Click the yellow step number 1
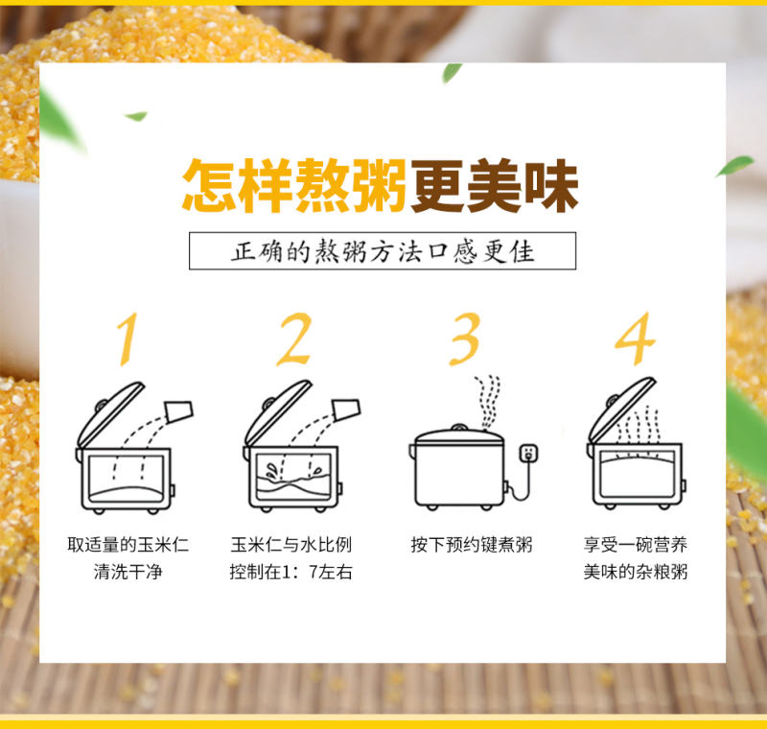128,339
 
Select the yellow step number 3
465,339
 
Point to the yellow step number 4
635,339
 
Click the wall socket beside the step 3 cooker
528,453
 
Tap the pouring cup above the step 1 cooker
179,411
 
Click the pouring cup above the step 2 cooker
346,410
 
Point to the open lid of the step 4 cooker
621,409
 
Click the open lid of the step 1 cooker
110,413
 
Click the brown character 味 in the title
551,186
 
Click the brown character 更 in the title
438,186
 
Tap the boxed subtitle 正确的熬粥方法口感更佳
383,251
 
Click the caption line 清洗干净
128,572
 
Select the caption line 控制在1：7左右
291,572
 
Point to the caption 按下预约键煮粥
472,545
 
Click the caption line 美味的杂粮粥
636,572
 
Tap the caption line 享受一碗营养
636,545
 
